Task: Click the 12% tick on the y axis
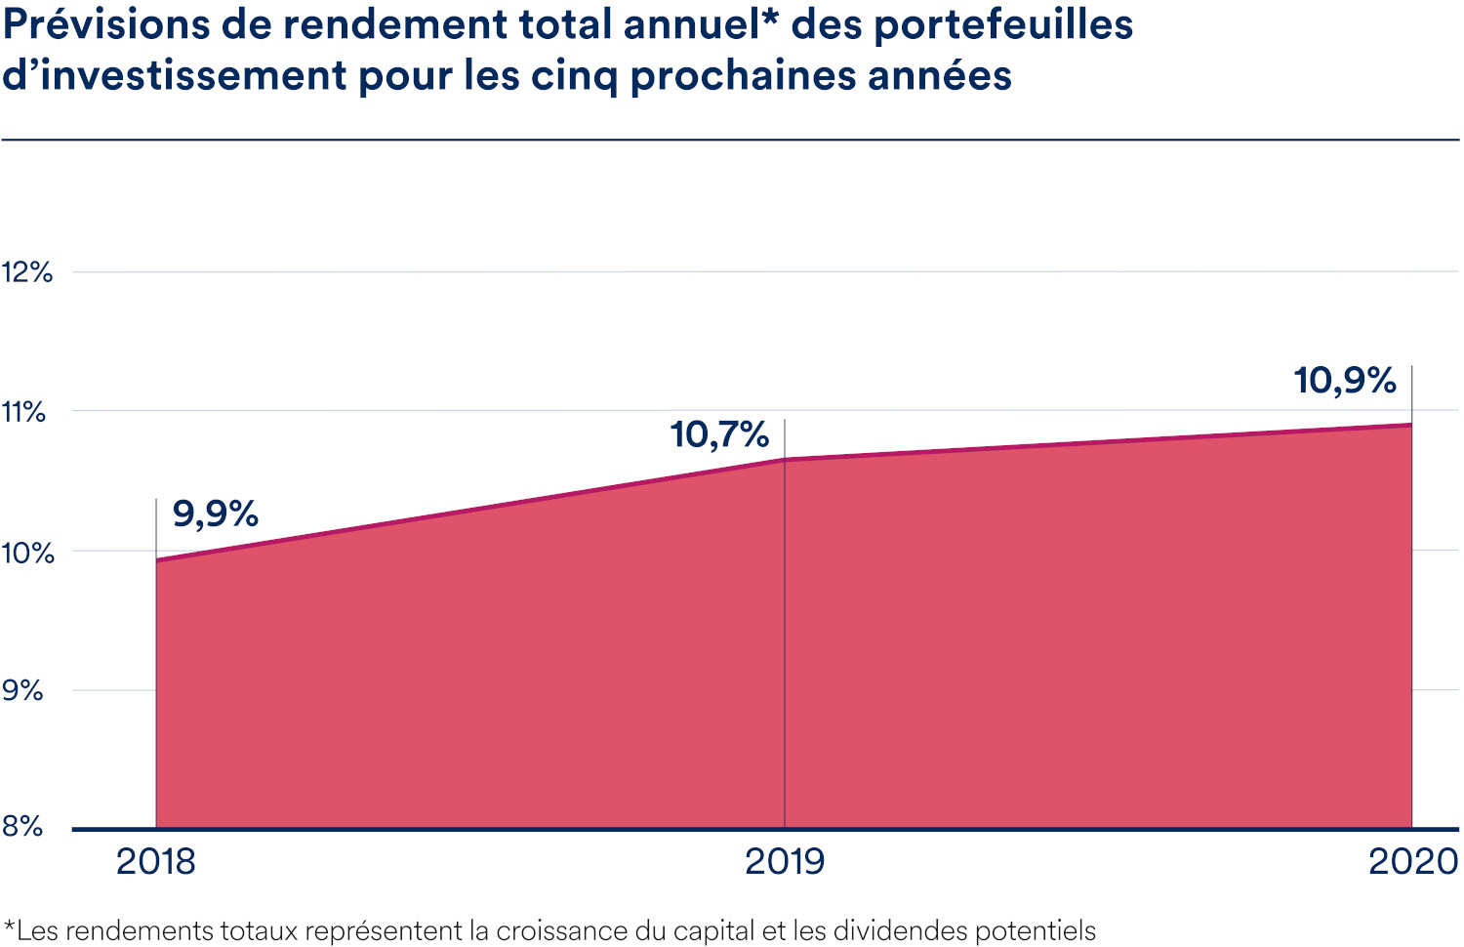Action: [x=26, y=272]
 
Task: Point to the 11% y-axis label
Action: [x=24, y=412]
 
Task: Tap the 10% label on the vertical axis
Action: [x=27, y=553]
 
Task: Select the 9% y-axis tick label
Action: [x=22, y=691]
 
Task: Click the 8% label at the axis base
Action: [x=22, y=827]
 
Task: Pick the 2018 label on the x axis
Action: [x=156, y=862]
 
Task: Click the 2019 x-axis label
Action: [x=785, y=862]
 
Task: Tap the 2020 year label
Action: [x=1412, y=862]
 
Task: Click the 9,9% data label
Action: [x=215, y=514]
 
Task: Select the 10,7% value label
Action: [x=719, y=434]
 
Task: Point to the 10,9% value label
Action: [x=1345, y=381]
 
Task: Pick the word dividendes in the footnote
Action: [x=899, y=930]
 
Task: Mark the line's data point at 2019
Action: [x=785, y=459]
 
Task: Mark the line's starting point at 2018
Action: [x=156, y=560]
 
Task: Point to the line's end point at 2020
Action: [x=1411, y=425]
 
